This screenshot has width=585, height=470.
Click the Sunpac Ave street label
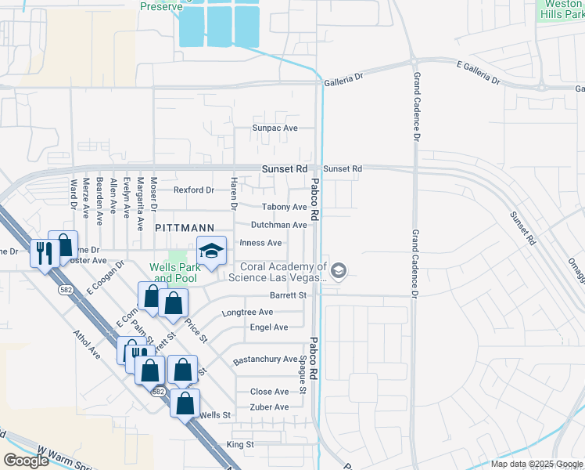tap(275, 128)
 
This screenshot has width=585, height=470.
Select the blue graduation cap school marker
tap(210, 251)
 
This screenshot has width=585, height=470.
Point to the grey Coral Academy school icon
tap(338, 272)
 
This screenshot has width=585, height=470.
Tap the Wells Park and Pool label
tap(174, 272)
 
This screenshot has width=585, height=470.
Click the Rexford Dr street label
tap(193, 190)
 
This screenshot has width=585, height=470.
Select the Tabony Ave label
tap(284, 207)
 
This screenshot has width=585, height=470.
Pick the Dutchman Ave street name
tap(278, 225)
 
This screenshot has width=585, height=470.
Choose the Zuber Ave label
tap(269, 407)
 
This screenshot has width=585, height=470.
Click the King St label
tap(240, 444)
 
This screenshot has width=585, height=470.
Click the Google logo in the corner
tap(27, 461)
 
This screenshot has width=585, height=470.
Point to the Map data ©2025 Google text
tap(536, 464)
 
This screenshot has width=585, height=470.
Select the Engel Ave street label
tap(269, 327)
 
